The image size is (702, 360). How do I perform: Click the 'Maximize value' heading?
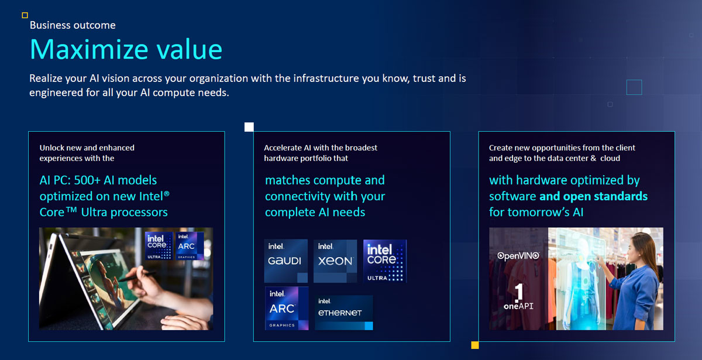pyautogui.click(x=126, y=49)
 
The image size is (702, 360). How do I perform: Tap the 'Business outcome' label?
pyautogui.click(x=73, y=25)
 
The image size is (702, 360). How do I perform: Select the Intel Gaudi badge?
pyautogui.click(x=286, y=261)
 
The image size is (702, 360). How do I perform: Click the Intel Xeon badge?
pyautogui.click(x=335, y=261)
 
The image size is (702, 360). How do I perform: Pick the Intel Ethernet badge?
pyautogui.click(x=344, y=313)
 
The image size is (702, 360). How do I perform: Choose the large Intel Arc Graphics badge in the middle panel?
pyautogui.click(x=287, y=308)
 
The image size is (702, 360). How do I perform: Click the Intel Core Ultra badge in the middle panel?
pyautogui.click(x=385, y=261)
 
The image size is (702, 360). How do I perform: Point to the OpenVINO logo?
pyautogui.click(x=518, y=256)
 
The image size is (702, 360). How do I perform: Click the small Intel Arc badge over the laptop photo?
pyautogui.click(x=190, y=246)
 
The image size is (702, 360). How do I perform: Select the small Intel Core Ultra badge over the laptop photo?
pyautogui.click(x=159, y=246)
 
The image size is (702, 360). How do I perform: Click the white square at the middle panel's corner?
pyautogui.click(x=249, y=127)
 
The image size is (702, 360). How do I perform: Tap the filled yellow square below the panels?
pyautogui.click(x=475, y=345)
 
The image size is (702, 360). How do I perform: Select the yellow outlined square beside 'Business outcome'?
pyautogui.click(x=25, y=15)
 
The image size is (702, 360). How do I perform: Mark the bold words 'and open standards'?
pyautogui.click(x=593, y=196)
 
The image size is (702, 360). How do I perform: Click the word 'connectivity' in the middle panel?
pyautogui.click(x=299, y=197)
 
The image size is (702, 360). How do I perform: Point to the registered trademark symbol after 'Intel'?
pyautogui.click(x=166, y=194)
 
